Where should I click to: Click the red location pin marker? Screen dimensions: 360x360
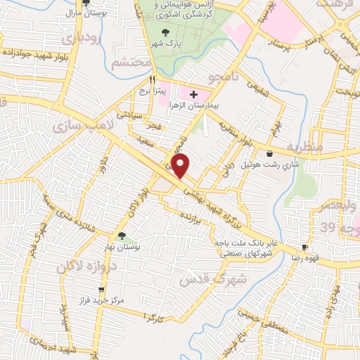tap(181, 166)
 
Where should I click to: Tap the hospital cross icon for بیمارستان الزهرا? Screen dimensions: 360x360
tap(193, 94)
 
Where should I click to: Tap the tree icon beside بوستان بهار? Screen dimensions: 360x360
tap(122, 236)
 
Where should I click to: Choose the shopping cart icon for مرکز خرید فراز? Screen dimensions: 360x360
tap(102, 289)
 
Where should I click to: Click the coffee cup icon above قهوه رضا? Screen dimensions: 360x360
tap(304, 247)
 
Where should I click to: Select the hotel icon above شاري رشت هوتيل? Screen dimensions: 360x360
tap(270, 154)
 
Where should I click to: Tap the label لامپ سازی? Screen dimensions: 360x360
tap(79, 125)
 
